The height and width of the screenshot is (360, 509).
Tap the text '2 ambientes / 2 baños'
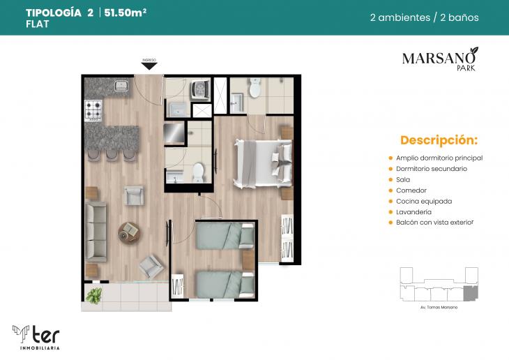424,17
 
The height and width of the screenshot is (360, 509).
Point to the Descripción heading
439,140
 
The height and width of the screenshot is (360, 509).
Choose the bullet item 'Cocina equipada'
423,201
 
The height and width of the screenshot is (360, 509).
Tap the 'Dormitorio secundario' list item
431,169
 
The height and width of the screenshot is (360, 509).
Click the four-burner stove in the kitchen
93,110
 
